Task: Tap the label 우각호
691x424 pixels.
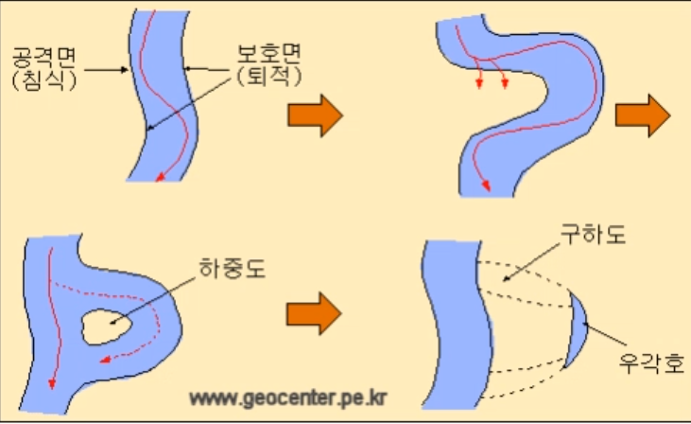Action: [x=649, y=362]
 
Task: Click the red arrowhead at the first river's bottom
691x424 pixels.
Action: [x=160, y=176]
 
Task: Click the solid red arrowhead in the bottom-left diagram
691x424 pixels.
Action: [x=51, y=384]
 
